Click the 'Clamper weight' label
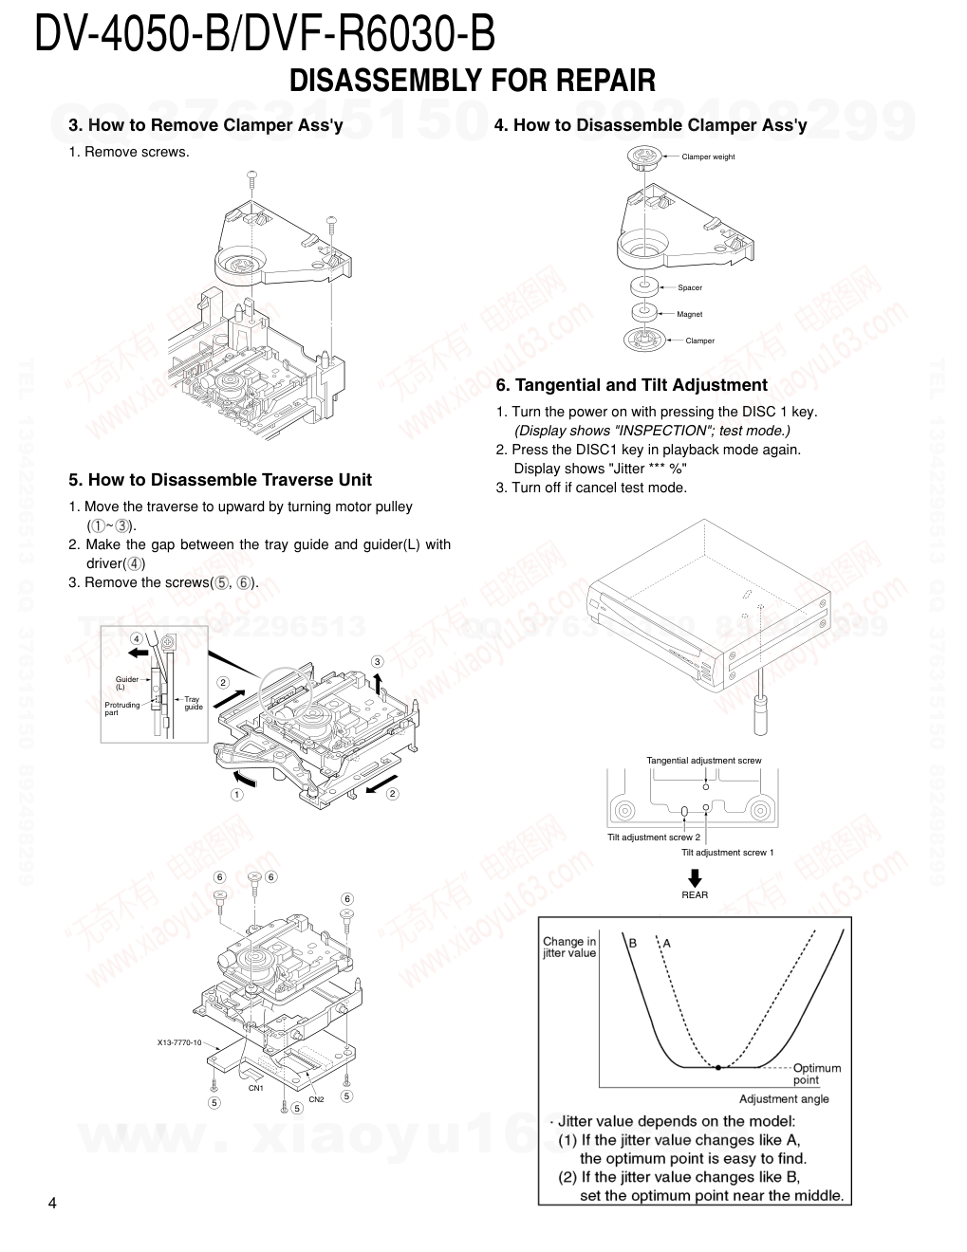point(708,156)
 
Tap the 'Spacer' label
point(690,287)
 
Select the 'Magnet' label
point(690,314)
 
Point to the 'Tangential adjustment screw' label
point(703,760)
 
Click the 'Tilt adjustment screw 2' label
point(654,838)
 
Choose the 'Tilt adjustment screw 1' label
point(727,853)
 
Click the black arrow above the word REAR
point(695,877)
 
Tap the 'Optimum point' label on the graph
point(816,1074)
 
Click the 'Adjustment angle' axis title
point(784,1099)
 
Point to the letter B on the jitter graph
point(633,943)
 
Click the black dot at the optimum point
point(718,1067)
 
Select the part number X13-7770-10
point(179,1042)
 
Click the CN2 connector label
point(316,1099)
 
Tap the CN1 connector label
point(256,1088)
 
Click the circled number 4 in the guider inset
point(136,637)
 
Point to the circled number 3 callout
point(377,661)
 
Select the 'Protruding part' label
point(121,709)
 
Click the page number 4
point(52,1204)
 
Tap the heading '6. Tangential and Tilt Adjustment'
point(631,385)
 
